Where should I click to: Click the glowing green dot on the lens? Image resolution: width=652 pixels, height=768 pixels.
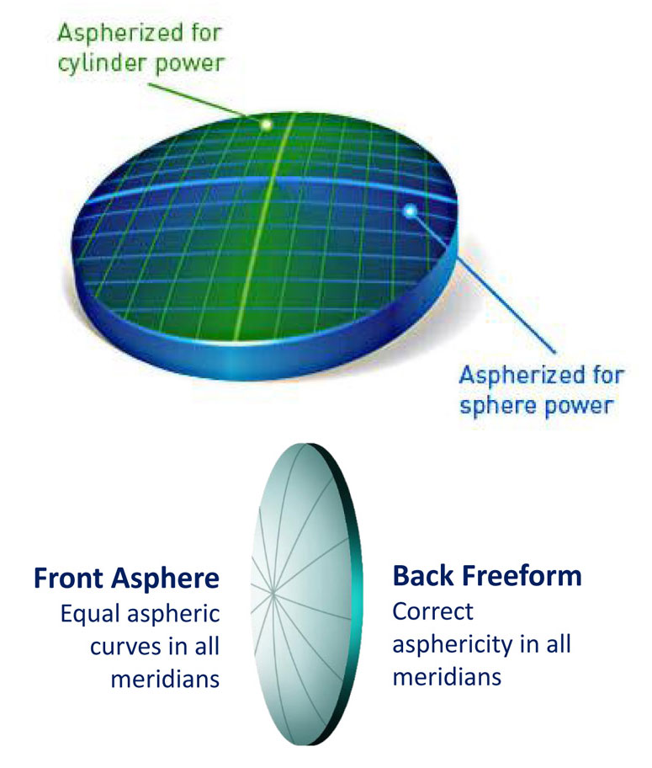pyautogui.click(x=266, y=125)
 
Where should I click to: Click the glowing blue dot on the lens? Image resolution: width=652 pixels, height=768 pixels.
pyautogui.click(x=410, y=211)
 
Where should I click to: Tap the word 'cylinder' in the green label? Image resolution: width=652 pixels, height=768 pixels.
pyautogui.click(x=100, y=64)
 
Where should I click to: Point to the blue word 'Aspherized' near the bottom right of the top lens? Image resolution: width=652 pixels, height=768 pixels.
pyautogui.click(x=522, y=376)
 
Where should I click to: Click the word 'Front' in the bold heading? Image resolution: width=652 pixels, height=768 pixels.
pyautogui.click(x=69, y=578)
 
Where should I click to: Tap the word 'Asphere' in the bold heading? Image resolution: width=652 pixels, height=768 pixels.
pyautogui.click(x=165, y=579)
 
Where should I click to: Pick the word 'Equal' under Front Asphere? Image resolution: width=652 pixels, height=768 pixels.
pyautogui.click(x=91, y=614)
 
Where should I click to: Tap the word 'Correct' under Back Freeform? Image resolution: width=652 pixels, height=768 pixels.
pyautogui.click(x=432, y=611)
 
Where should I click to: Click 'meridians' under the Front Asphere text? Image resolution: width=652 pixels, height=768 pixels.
pyautogui.click(x=165, y=679)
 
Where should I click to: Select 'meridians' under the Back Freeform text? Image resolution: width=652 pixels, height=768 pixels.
pyautogui.click(x=447, y=677)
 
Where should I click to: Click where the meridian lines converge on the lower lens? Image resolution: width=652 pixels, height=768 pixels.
pyautogui.click(x=272, y=593)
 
